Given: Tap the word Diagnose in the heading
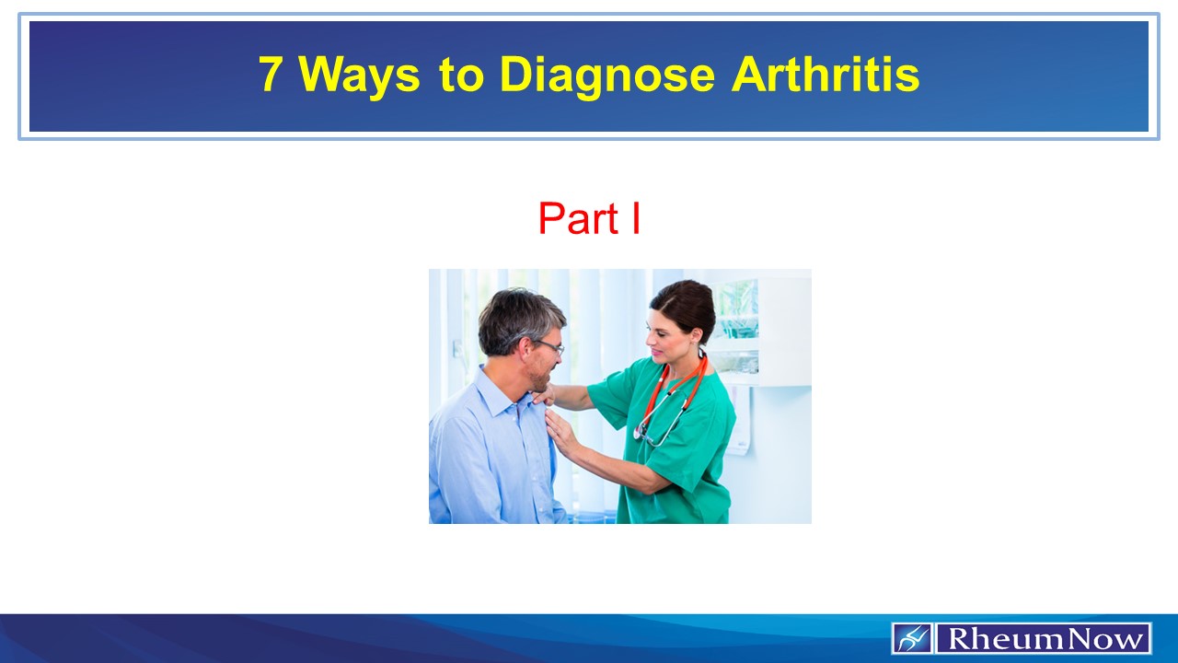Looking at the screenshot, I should coord(606,76).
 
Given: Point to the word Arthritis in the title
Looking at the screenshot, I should coord(826,75).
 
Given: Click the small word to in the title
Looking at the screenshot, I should coord(467,76).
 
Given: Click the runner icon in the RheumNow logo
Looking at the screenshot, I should coord(912,638).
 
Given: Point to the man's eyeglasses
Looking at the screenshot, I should coord(550,345).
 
